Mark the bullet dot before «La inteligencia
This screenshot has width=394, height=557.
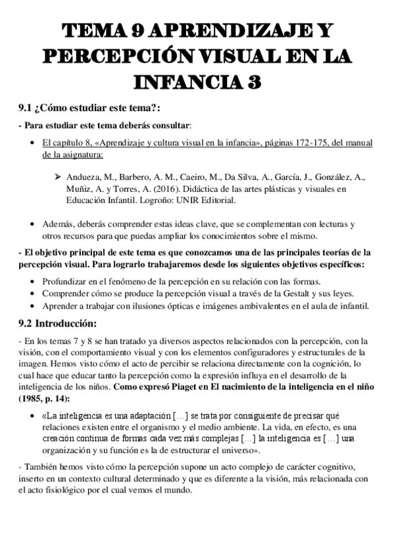[x=34, y=416]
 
